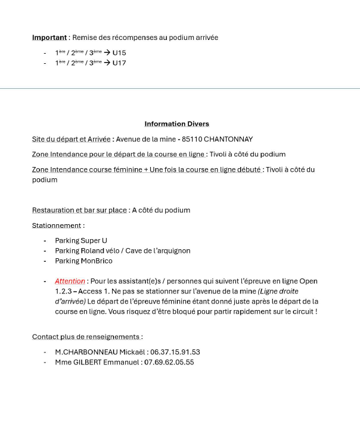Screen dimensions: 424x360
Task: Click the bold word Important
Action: (x=49, y=38)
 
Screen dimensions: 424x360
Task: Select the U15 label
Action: (x=119, y=52)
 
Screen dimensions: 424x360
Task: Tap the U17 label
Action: (x=119, y=63)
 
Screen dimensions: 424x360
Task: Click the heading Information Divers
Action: (x=176, y=124)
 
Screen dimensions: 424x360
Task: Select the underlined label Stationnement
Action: (x=57, y=225)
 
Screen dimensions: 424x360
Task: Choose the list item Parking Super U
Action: (x=81, y=240)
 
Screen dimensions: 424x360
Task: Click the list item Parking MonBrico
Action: (x=83, y=261)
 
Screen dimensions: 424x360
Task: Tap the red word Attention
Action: (x=70, y=281)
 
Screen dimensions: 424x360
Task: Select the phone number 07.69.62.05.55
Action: (x=169, y=362)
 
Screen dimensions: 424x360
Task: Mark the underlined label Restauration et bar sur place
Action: (x=79, y=210)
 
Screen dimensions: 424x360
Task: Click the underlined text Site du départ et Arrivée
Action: (x=71, y=140)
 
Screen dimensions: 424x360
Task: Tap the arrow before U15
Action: (x=107, y=52)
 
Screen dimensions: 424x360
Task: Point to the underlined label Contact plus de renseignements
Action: (x=86, y=336)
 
